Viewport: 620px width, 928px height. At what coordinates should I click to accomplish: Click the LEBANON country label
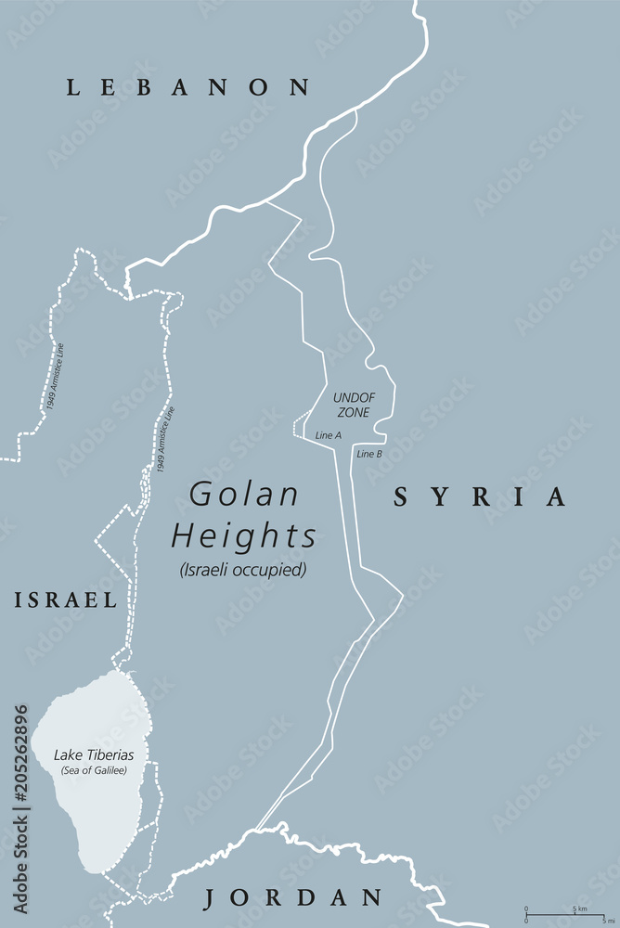click(187, 88)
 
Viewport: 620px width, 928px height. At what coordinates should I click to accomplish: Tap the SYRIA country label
click(479, 497)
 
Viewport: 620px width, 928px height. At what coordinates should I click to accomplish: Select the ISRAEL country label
click(65, 600)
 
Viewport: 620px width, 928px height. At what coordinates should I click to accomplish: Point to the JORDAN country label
click(293, 897)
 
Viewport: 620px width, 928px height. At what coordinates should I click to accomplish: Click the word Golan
click(245, 495)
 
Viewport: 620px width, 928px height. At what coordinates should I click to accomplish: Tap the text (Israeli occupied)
click(243, 570)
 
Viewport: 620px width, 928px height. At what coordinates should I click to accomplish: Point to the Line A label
click(329, 435)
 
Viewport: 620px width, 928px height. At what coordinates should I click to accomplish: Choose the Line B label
click(369, 454)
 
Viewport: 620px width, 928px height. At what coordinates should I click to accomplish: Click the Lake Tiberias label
click(93, 755)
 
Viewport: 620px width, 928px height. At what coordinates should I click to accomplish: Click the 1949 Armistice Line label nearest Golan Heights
click(164, 441)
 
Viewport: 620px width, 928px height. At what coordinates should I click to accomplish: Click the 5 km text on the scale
click(576, 908)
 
